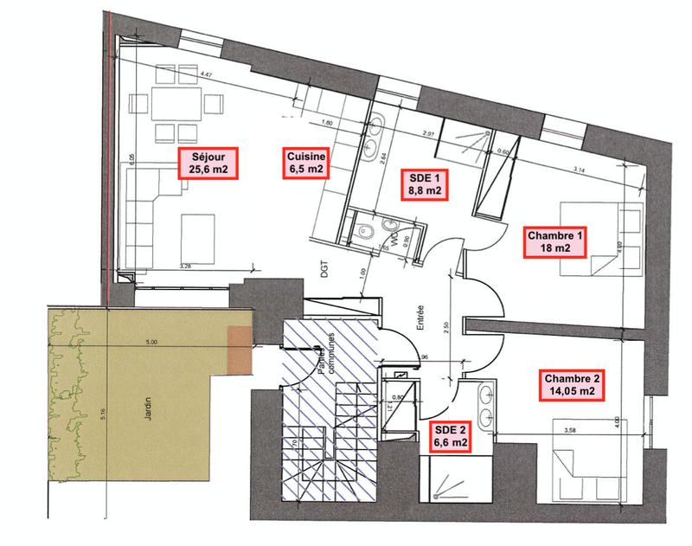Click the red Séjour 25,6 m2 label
(x=208, y=163)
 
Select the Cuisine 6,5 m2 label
(x=306, y=163)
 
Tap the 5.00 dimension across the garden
(x=152, y=342)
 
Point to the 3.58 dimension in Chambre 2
(x=570, y=429)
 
